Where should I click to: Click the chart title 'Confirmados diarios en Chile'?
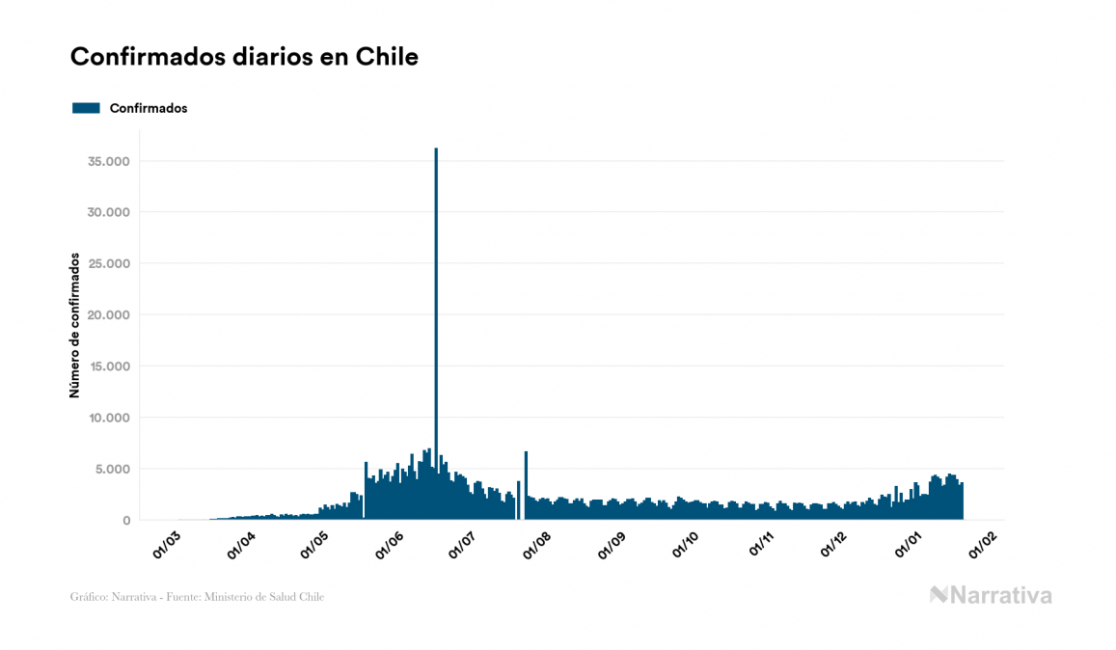[x=244, y=57]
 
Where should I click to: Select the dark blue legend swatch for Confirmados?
[x=86, y=108]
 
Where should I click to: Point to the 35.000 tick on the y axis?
[x=108, y=161]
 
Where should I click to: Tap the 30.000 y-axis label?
[x=108, y=212]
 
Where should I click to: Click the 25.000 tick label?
[x=108, y=263]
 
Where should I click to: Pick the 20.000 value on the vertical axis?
[x=108, y=315]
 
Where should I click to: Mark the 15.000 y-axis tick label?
[x=108, y=366]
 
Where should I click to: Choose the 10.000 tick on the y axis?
[x=108, y=418]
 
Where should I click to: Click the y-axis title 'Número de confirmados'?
[x=74, y=325]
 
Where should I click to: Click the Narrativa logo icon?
[x=939, y=595]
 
